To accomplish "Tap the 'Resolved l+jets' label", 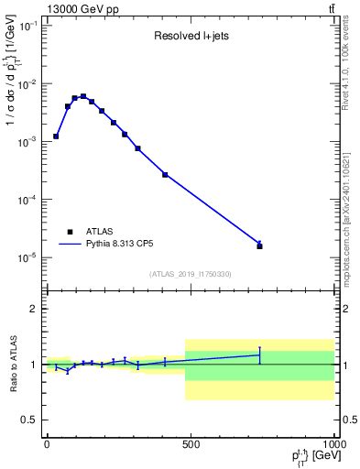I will [191, 38].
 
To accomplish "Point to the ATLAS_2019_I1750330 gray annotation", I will [191, 274].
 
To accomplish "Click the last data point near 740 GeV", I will [259, 245].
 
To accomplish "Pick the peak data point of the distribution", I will [83, 96].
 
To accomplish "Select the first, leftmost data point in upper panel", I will [56, 136].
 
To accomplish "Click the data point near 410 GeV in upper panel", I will [165, 174].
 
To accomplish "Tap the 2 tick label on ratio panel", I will [33, 309].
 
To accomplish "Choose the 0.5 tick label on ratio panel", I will [28, 420].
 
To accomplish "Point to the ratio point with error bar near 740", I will [259, 354].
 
